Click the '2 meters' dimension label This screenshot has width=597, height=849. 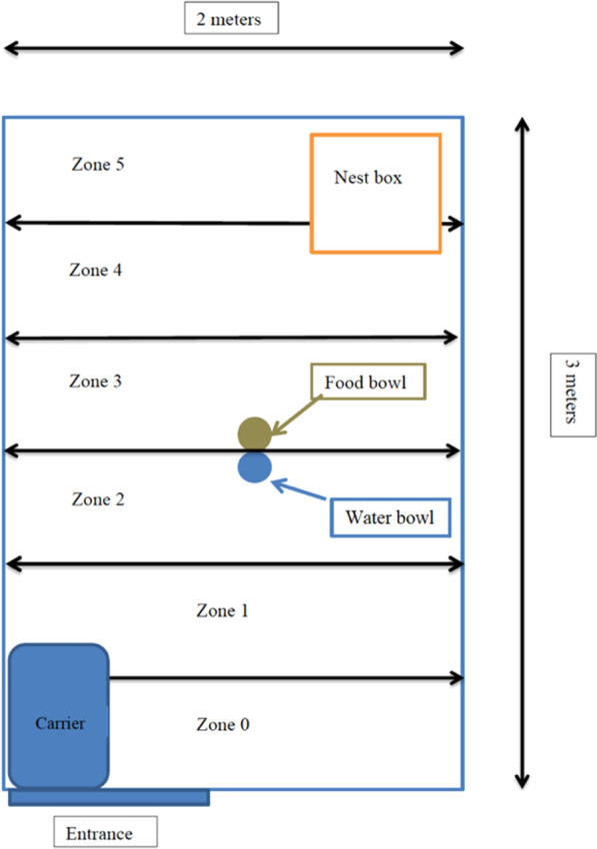231,18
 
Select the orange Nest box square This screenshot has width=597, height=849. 375,193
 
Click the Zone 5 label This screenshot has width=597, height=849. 98,165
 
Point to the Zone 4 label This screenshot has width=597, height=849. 96,271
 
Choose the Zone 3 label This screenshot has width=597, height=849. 96,382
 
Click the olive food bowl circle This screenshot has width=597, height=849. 254,433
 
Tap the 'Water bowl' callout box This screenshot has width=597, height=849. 390,518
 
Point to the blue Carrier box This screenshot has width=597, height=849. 58,717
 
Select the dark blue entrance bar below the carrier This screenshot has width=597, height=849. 108,797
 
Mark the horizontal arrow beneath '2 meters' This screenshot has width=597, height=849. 234,47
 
